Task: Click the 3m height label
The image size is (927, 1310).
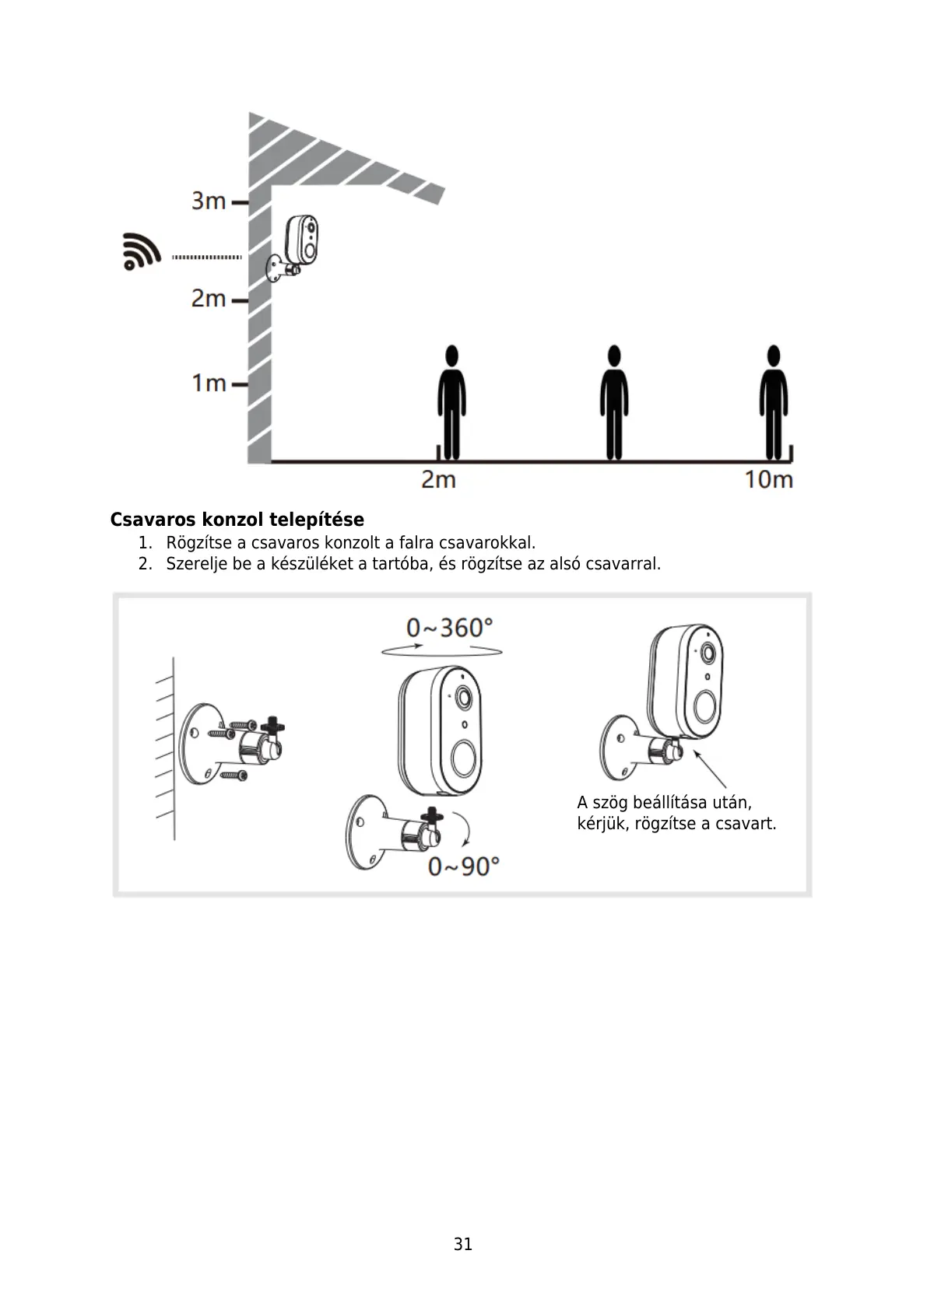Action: point(209,201)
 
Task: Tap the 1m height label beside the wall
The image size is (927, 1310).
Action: point(209,383)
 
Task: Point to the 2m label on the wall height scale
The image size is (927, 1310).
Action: point(209,298)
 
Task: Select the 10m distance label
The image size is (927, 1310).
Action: point(768,479)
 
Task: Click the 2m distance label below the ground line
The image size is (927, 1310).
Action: point(438,479)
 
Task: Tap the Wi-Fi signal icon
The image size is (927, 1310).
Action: point(141,251)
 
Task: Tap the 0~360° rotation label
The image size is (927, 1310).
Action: point(449,627)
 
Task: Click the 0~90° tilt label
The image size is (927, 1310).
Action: point(463,865)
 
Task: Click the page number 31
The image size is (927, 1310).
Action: point(463,1244)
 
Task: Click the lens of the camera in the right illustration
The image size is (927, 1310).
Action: point(708,653)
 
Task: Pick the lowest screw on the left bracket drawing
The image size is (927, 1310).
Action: point(233,775)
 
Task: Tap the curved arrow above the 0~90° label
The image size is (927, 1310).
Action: point(465,829)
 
